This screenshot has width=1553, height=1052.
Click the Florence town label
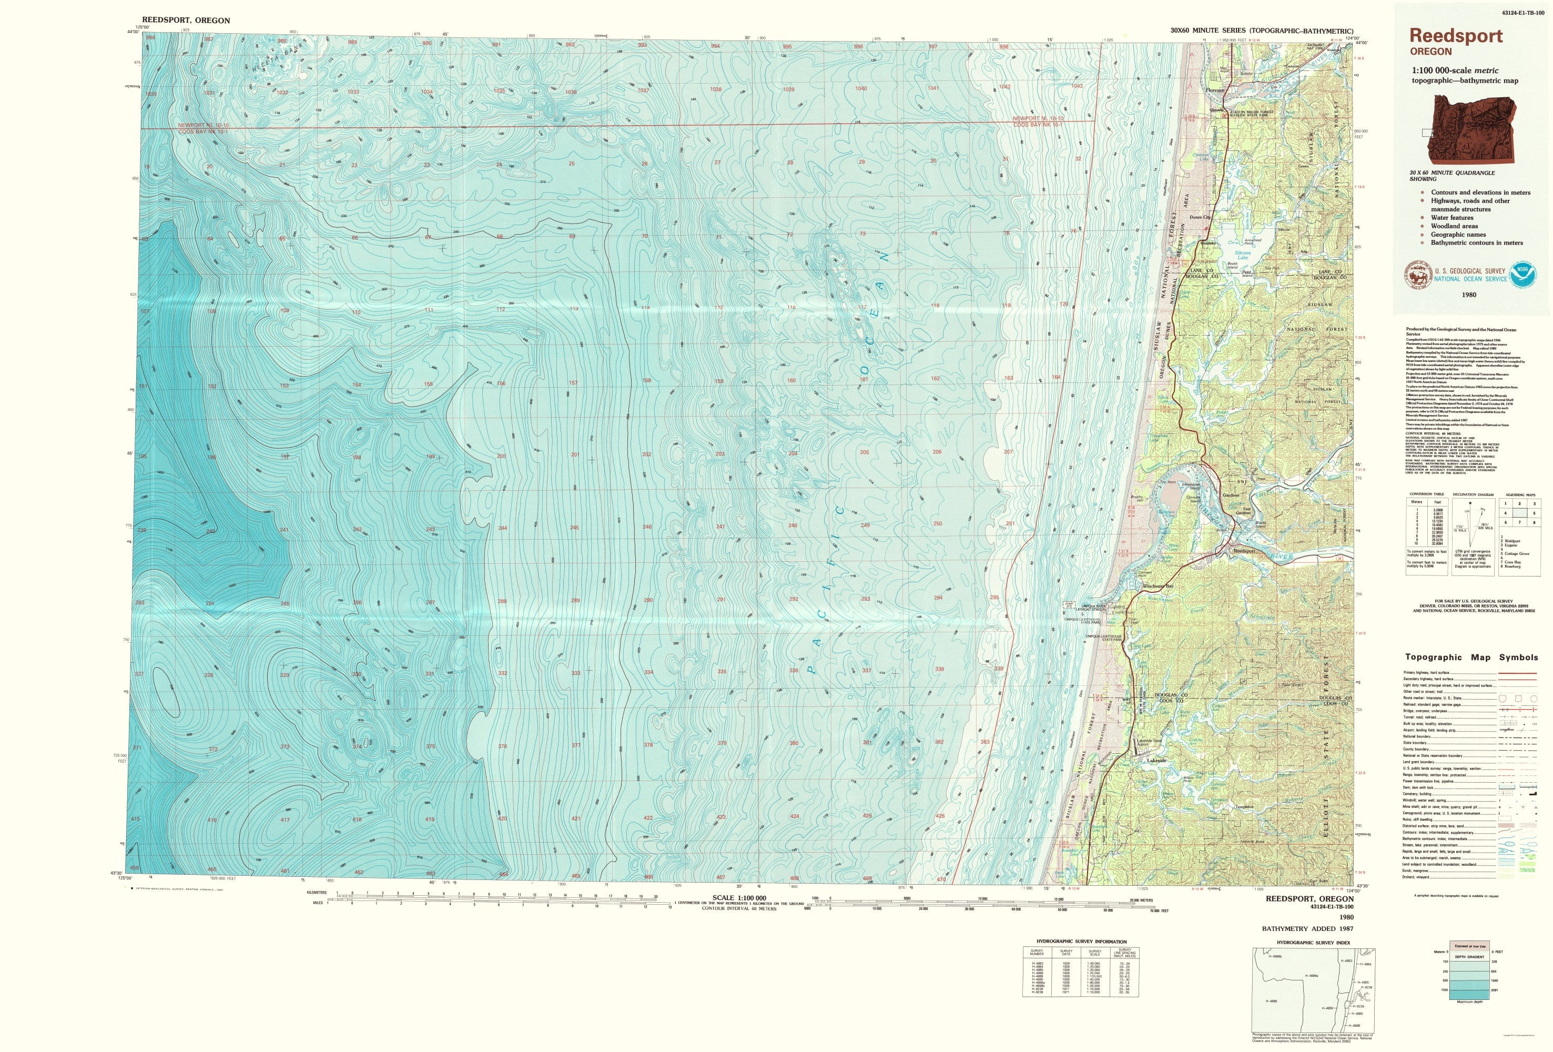tap(1214, 89)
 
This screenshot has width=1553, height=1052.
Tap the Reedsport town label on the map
tap(1244, 551)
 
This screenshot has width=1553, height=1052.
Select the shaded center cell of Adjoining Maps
tap(1520, 513)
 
